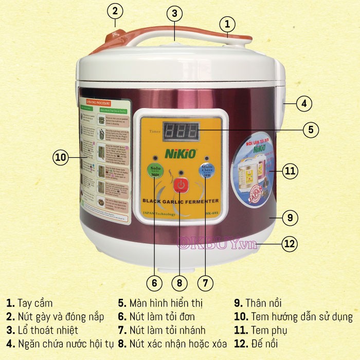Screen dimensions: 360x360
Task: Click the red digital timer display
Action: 179,133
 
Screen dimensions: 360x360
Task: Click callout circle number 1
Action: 227,23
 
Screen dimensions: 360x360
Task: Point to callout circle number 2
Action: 115,10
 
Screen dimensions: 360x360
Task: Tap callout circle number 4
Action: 303,103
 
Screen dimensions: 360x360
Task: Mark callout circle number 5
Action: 310,130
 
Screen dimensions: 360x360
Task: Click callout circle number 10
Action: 61,158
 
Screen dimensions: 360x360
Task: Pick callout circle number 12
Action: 290,244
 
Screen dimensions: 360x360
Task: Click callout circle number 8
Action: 179,282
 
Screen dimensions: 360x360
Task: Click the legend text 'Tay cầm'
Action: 34,303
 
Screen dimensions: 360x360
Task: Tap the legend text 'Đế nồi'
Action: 266,343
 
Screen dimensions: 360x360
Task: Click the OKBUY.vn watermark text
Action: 217,244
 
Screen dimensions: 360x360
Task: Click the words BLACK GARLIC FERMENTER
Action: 180,201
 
